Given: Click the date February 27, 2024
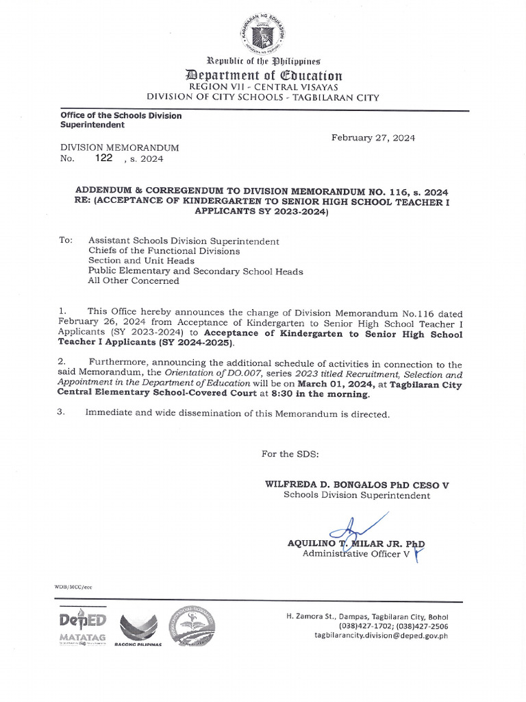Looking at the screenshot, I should pyautogui.click(x=373, y=138).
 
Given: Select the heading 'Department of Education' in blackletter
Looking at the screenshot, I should pyautogui.click(x=263, y=75).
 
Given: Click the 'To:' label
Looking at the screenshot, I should pyautogui.click(x=66, y=241).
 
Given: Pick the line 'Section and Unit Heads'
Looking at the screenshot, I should pyautogui.click(x=141, y=261).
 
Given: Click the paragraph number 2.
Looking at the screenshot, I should pyautogui.click(x=62, y=361).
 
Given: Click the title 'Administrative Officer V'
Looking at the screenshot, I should pyautogui.click(x=356, y=553).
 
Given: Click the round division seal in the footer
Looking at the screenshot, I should pyautogui.click(x=192, y=625).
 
